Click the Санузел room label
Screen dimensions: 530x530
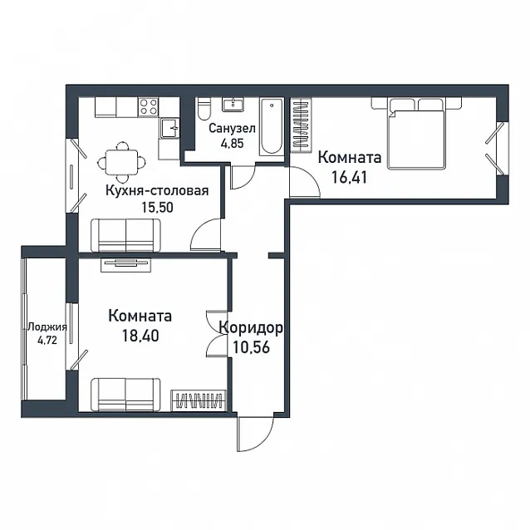point(232,129)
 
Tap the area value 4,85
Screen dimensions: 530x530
point(232,144)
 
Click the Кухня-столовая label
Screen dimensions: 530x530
point(157,191)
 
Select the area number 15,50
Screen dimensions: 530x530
point(157,207)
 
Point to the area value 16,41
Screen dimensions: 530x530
point(349,177)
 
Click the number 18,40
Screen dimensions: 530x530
point(140,336)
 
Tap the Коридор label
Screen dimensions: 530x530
point(251,328)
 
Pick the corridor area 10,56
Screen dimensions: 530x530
point(251,346)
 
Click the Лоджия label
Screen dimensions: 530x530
point(47,327)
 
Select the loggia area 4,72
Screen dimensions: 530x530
point(47,341)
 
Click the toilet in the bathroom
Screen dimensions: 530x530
point(204,109)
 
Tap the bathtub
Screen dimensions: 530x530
point(272,127)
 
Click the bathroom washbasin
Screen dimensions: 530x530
point(233,105)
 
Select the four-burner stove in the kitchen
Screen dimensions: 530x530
point(148,107)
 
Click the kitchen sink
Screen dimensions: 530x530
point(170,128)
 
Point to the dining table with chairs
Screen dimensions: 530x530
point(121,162)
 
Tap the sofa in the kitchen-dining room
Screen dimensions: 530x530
point(125,235)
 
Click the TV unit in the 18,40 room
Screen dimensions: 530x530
point(125,265)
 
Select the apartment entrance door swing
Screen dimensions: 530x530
point(254,434)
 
